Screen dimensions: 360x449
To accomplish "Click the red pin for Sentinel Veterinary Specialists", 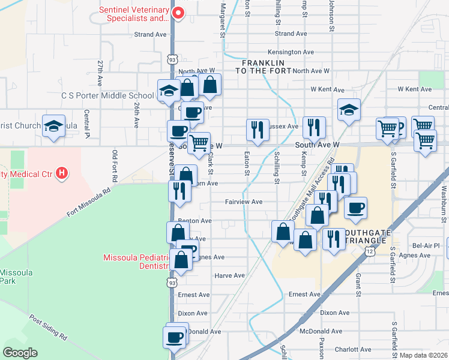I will tap(178, 13).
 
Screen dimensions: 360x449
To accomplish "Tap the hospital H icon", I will tap(61, 174).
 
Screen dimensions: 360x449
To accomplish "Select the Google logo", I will tap(20, 353).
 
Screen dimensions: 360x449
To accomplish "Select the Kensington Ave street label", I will tap(291, 52).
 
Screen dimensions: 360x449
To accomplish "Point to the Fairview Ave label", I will tap(244, 202).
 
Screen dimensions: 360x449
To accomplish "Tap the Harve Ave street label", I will tap(230, 275).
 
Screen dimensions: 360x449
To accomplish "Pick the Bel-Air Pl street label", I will tap(426, 245).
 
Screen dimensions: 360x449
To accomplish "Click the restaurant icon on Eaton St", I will tap(256, 130).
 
